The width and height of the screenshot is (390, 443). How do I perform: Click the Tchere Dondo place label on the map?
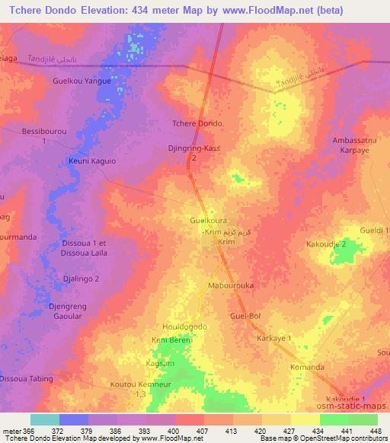[x=198, y=123]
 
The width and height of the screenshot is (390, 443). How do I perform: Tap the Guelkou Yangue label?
[x=82, y=80]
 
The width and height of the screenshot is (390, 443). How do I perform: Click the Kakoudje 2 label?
[x=326, y=244]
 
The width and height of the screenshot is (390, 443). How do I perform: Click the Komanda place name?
[x=307, y=367]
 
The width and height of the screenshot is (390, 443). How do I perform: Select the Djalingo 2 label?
[x=81, y=279]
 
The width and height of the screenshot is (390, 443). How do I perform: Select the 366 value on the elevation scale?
[x=30, y=432]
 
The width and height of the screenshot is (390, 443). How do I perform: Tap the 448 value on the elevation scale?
[x=375, y=432]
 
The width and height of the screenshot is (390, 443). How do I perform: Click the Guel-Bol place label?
[x=245, y=315]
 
